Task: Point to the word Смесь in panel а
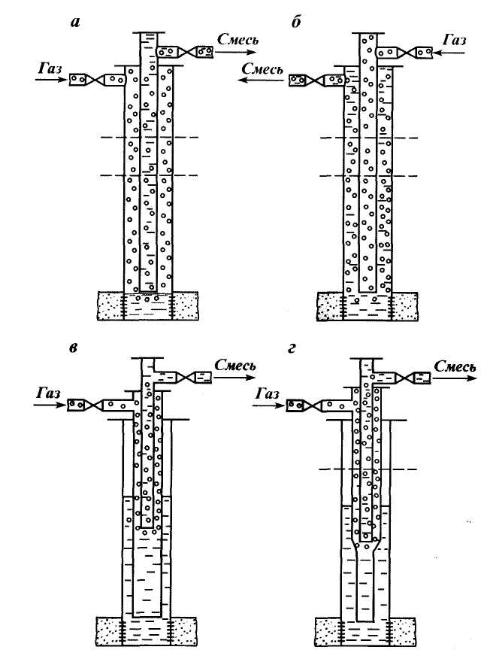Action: tap(237, 37)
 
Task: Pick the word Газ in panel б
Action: tap(456, 37)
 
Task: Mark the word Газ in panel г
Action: tap(271, 393)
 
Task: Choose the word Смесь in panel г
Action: tap(454, 366)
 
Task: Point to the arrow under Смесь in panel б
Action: tap(260, 78)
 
